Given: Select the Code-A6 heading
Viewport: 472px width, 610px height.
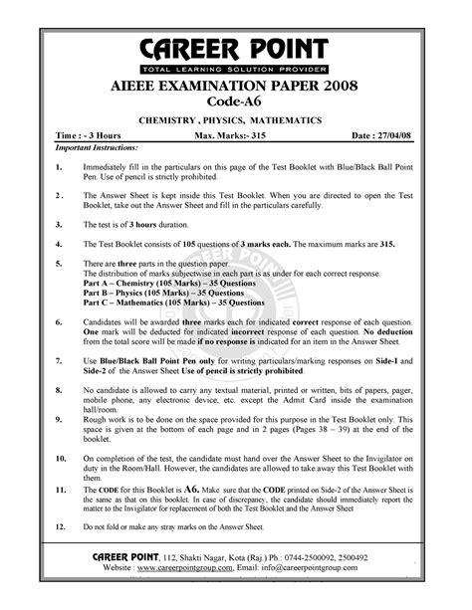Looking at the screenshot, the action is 234,105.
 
